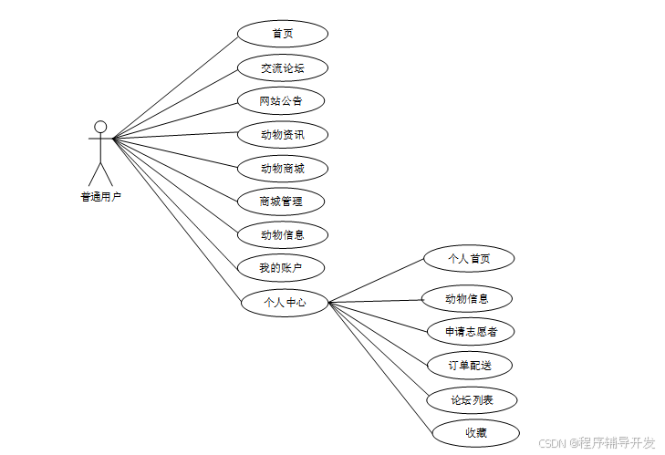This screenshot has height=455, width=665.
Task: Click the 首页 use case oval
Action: (282, 34)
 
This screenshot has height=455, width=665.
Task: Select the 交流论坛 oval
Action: (282, 67)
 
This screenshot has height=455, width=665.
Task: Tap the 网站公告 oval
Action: (281, 100)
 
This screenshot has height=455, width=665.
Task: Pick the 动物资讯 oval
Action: (282, 135)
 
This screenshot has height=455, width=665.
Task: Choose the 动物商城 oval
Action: (282, 169)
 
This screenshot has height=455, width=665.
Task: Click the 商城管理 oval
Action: (281, 201)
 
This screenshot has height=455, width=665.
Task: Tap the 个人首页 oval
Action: (469, 259)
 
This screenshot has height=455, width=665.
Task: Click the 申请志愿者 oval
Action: (471, 331)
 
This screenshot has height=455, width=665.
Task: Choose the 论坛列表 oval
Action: (472, 399)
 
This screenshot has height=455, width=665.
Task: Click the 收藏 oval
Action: (475, 432)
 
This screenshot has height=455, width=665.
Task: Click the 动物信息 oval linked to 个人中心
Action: (467, 298)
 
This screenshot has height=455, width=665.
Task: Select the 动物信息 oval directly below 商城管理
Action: (282, 234)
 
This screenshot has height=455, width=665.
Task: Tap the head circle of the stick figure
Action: (100, 127)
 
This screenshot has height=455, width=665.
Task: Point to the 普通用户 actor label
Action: (100, 195)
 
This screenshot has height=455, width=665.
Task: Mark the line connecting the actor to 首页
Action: (175, 86)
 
